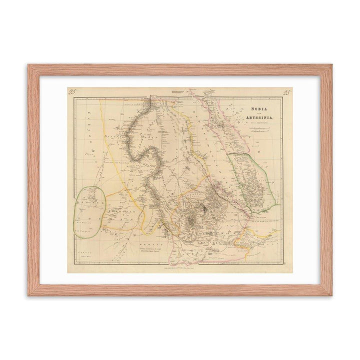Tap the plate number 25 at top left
coord(72,91)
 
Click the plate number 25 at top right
coord(287,91)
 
